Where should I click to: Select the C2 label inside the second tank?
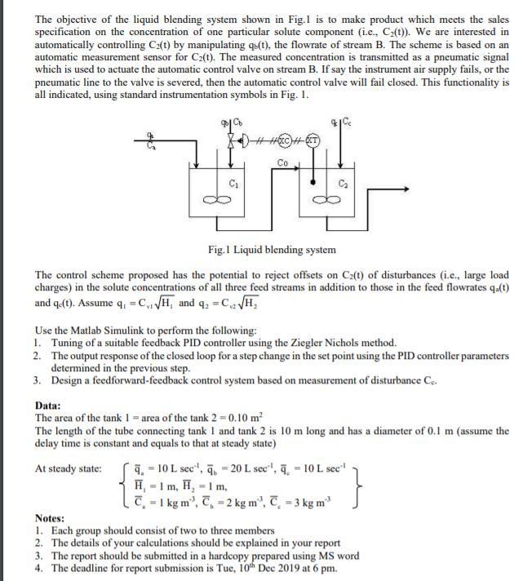pyautogui.click(x=343, y=182)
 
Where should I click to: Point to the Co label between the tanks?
pyautogui.click(x=283, y=163)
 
